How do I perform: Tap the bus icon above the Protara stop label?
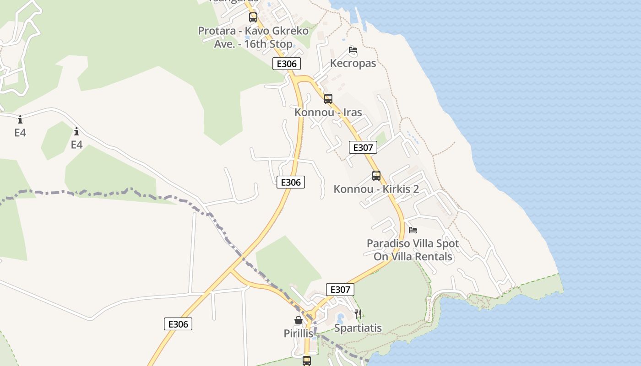coord(253,17)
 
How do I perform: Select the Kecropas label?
coord(353,63)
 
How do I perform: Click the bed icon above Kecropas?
coord(353,50)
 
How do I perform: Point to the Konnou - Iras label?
coord(328,112)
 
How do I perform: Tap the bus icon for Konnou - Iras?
coord(328,98)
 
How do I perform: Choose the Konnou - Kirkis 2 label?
coord(376,189)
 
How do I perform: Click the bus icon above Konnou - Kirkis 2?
coord(376,176)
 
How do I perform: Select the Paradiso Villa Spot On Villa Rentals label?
coord(413,250)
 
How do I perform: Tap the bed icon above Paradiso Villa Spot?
coord(413,230)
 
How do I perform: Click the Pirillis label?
coord(298,334)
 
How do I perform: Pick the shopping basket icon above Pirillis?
coord(298,320)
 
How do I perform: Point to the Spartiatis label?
coord(358,328)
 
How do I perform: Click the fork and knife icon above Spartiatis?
coord(358,314)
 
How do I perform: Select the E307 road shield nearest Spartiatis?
coord(340,289)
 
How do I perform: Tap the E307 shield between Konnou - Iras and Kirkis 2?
coord(363,147)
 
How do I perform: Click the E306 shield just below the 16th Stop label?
coord(287,64)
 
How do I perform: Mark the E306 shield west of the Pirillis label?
coord(178,324)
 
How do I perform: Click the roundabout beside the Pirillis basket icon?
coord(311,315)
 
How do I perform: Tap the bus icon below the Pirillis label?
coord(306,361)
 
